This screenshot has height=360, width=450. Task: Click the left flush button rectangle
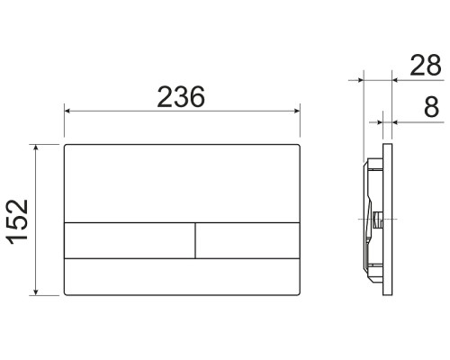coord(130,239)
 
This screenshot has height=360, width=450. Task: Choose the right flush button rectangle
coord(247,239)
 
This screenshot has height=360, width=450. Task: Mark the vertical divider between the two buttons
coord(195,239)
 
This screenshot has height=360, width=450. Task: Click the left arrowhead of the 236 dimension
coord(67,111)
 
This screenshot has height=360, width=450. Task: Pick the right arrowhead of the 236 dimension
coord(297,111)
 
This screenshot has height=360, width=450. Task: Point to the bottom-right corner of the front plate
coord(299,293)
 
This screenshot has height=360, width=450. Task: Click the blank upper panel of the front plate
coord(183,181)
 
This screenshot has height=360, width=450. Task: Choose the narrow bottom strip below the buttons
coord(183,276)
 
